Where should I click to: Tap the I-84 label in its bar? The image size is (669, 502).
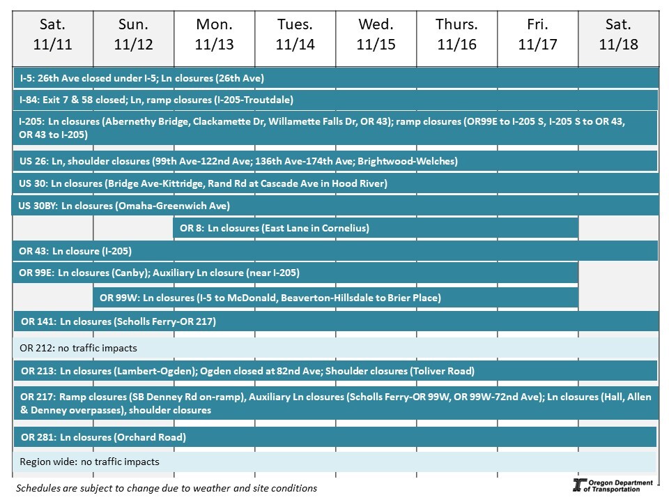[29, 100]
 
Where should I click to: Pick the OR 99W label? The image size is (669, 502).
[119, 298]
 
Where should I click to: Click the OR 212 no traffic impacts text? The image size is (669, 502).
[78, 347]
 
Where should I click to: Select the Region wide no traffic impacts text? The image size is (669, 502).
[89, 462]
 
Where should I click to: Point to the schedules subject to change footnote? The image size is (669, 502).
[167, 487]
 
